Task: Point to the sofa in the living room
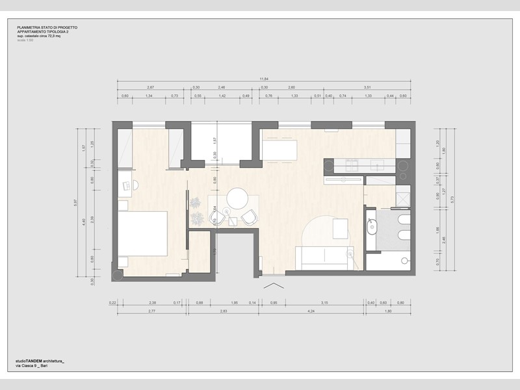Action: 323,258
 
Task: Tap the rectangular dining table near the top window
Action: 279,149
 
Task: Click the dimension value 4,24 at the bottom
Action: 311,311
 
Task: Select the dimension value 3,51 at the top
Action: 367,87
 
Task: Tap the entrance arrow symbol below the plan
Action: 272,287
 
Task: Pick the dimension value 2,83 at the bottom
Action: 222,311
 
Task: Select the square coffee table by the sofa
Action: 341,229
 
